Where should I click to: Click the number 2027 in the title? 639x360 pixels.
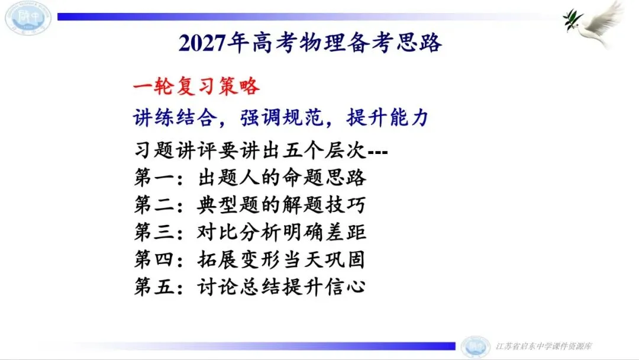202,43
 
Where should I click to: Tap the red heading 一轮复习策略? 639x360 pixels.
196,86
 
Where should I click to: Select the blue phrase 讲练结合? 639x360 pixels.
175,118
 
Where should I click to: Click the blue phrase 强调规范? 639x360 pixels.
282,118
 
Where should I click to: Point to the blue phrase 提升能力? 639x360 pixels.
388,118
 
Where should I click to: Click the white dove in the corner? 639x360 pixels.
595,24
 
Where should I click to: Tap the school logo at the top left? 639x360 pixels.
28,18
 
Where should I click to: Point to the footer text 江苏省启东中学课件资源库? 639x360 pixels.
544,346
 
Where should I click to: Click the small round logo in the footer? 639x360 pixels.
475,347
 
